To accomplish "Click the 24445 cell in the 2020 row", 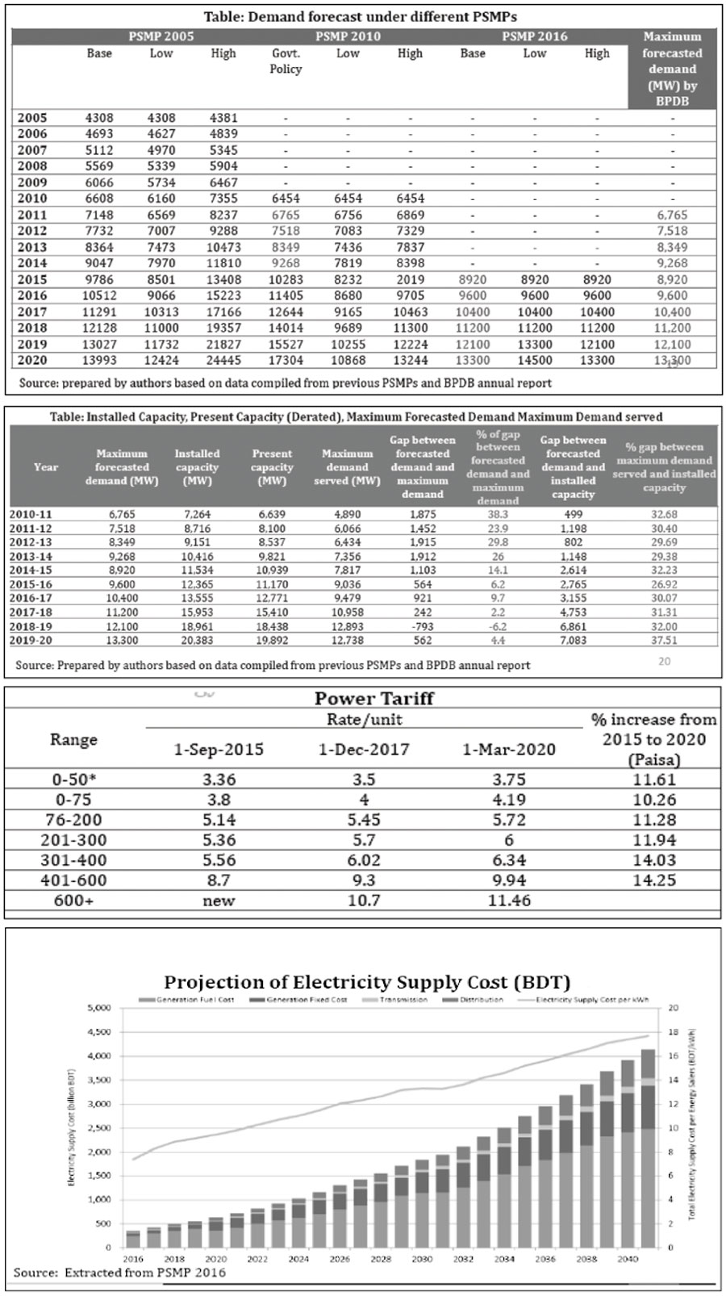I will click(223, 361).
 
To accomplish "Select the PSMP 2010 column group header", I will click(348, 36).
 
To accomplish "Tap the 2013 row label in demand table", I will click(32, 247).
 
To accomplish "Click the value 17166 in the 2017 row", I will click(223, 311).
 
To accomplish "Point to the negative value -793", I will click(422, 626).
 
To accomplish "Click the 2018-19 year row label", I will click(31, 626).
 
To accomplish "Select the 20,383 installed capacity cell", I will click(197, 640).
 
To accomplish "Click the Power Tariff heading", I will click(373, 698).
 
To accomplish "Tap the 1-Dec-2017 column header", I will click(364, 750).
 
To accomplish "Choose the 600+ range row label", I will click(73, 901).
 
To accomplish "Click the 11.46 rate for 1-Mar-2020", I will click(509, 901).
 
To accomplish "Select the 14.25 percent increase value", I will click(654, 880).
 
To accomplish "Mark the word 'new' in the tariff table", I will click(219, 901).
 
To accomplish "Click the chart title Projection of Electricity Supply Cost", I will click(367, 982).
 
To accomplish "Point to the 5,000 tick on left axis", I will click(98, 1008).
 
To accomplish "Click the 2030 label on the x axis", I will click(421, 1259).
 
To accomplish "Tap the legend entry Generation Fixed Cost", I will click(307, 1000).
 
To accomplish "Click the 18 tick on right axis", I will click(673, 1032).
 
